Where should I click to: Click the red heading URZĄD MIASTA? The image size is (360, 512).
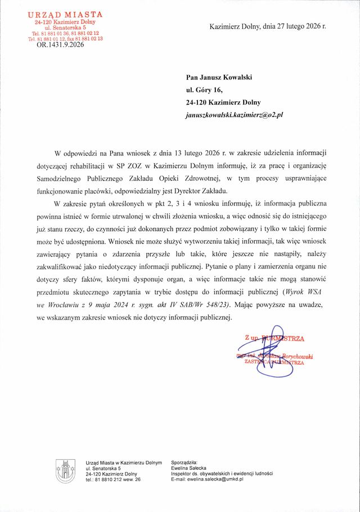coord(66,14)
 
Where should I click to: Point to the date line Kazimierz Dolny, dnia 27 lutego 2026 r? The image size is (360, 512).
coord(267,26)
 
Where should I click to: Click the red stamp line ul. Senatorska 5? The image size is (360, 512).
coord(65,27)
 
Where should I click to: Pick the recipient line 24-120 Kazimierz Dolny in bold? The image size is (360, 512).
coord(223,102)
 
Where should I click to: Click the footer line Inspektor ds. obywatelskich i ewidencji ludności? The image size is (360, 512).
coord(221,474)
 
